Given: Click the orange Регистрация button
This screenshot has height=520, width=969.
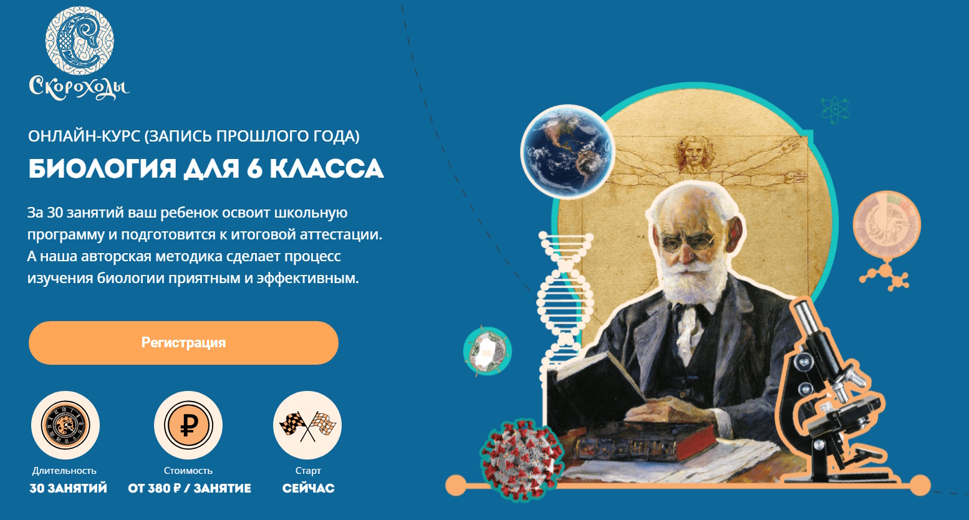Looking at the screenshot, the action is [x=183, y=343].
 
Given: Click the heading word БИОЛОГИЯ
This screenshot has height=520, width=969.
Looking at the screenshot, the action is [x=102, y=168].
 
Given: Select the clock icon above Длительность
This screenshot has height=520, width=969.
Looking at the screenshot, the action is [x=65, y=425].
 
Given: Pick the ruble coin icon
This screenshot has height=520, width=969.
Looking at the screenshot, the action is [x=188, y=425].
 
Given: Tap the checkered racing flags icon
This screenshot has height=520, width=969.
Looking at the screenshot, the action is [x=307, y=425].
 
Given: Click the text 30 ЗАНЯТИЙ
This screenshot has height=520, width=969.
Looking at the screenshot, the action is [x=69, y=488].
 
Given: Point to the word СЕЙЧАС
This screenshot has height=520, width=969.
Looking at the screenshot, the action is [x=309, y=488].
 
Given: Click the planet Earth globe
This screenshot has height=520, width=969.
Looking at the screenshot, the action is [x=567, y=151].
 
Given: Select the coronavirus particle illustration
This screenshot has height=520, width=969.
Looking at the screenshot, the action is [x=522, y=460].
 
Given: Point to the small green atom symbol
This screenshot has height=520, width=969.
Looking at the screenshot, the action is [x=836, y=110].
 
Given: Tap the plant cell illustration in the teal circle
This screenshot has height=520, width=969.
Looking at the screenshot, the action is [x=488, y=351].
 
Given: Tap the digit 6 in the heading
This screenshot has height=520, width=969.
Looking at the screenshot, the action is [x=255, y=168].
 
